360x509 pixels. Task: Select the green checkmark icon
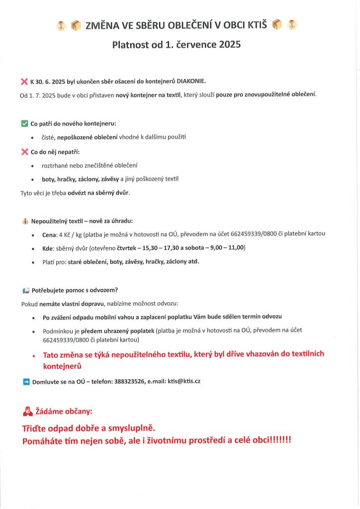[x=24, y=123]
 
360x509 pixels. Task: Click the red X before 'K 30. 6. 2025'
[x=24, y=81]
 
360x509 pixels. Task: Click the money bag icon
[x=24, y=221]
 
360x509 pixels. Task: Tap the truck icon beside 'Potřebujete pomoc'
[x=25, y=290]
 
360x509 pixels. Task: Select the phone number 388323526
[x=130, y=381]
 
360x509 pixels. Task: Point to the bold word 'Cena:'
[x=52, y=234]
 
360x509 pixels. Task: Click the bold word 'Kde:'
[x=50, y=248]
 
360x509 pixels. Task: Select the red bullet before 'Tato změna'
[x=33, y=356]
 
